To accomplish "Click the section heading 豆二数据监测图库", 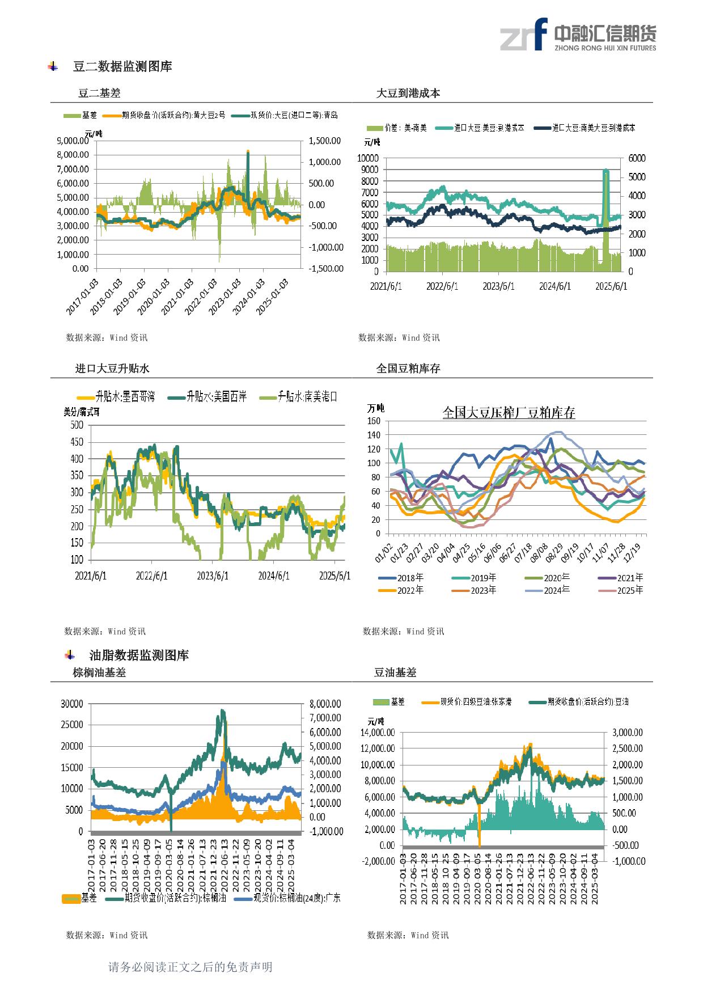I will click(122, 66).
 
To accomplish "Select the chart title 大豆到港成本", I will click(408, 94).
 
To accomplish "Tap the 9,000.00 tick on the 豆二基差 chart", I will click(73, 140).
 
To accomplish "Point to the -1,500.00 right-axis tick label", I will click(325, 268).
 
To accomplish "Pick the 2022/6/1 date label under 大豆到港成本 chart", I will click(442, 286).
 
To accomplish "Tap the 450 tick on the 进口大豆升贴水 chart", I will click(77, 442).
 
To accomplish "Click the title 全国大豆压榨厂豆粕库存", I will click(509, 413).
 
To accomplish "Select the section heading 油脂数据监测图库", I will click(139, 655).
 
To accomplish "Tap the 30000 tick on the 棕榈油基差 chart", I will click(72, 704).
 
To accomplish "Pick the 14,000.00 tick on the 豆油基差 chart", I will click(378, 732).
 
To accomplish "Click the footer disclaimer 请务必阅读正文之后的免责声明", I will click(190, 967).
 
